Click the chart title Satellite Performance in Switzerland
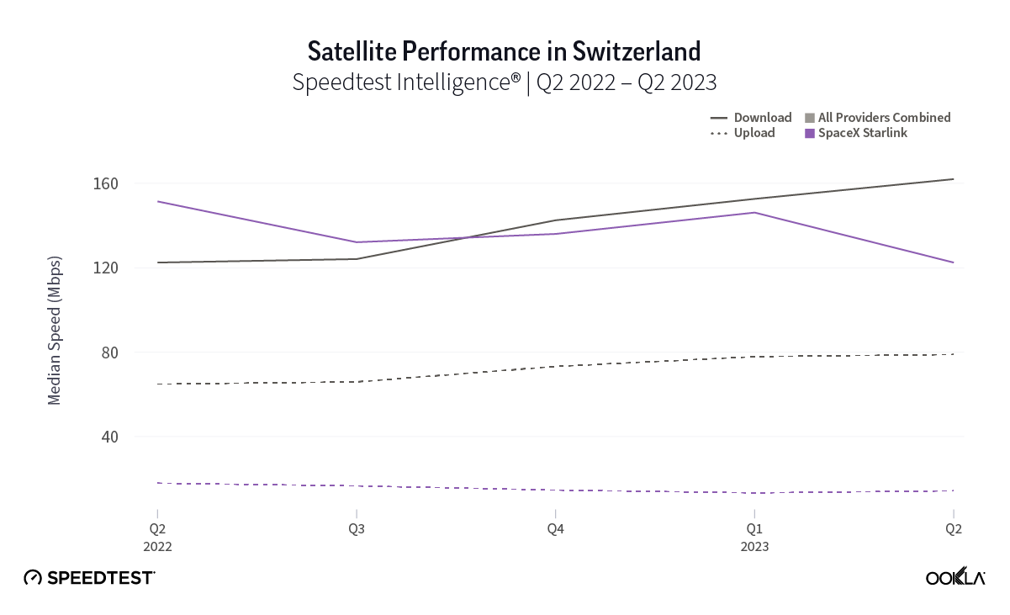coord(504,51)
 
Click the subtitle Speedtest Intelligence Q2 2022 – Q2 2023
coord(504,82)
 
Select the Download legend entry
coord(752,118)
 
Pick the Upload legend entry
coord(743,133)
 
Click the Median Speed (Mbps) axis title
coord(55,328)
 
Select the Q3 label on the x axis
coord(357,529)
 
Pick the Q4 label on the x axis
coord(555,529)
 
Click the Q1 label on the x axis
coord(754,529)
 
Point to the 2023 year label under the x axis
coord(754,546)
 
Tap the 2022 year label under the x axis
coord(157,546)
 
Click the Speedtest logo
coord(89,578)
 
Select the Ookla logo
coord(955,577)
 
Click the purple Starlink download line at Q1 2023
coord(754,213)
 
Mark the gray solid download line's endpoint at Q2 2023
coord(953,179)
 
